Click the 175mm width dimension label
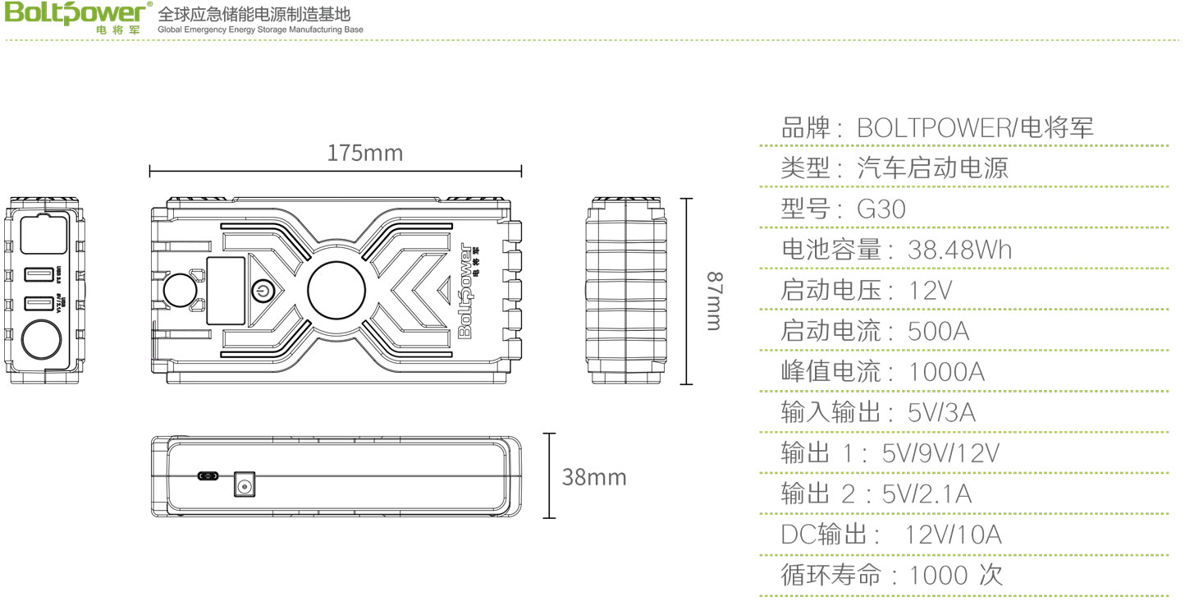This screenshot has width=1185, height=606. pos(364,154)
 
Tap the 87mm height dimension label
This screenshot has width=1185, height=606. pos(713,301)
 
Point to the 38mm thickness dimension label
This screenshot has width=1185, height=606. pos(593,477)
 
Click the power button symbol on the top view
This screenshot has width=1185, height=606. pos(262,291)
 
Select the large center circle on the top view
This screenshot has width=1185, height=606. pos(336,291)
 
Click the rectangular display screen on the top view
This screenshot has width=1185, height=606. pos(226,291)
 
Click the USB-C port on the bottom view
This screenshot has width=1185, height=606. pos(208,476)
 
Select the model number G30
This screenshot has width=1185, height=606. pos(881,209)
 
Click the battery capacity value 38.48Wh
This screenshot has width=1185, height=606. pos(959,250)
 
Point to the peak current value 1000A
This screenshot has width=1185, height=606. pos(946,372)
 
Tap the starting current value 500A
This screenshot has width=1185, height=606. pos(938,331)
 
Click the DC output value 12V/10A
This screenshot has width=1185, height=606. pos(953,535)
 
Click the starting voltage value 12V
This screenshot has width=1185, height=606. pos(930,291)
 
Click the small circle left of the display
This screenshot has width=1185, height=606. pos(180,291)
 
